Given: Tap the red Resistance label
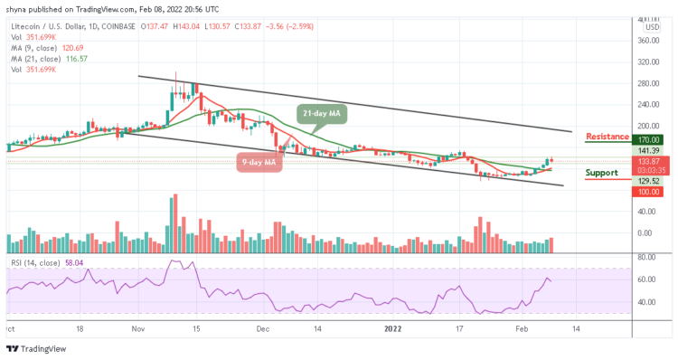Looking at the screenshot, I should point(607,137).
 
